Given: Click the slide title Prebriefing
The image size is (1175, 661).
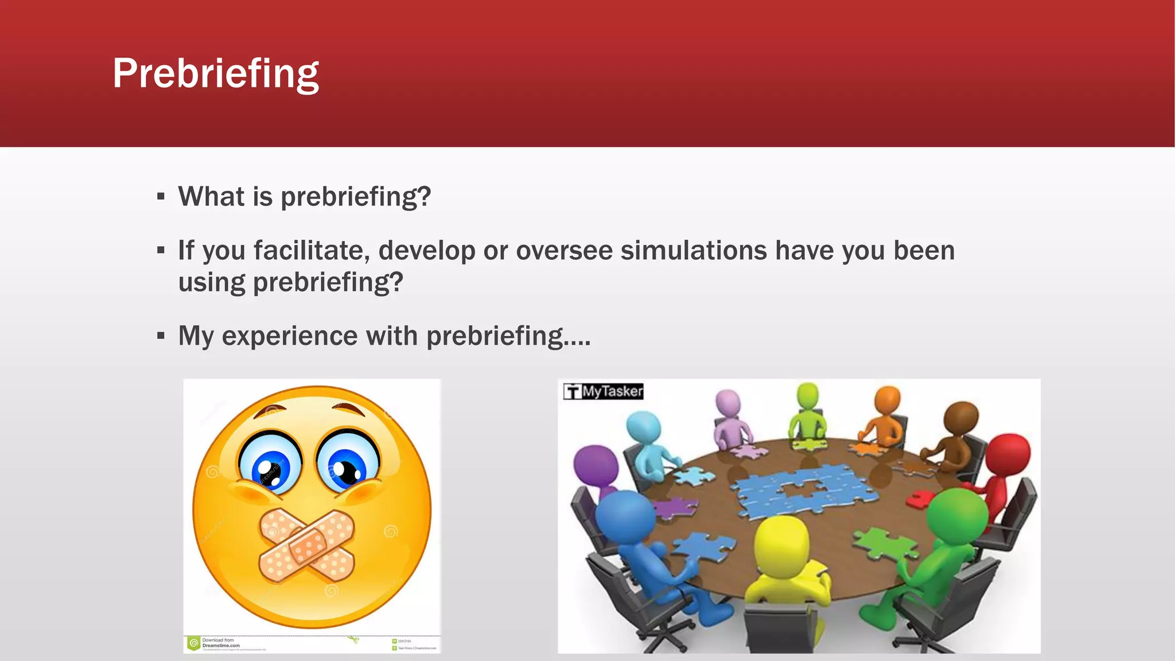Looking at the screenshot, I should pos(215,73).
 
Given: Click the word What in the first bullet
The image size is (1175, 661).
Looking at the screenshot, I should pos(211,197).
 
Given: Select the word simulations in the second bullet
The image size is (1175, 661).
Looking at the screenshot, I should pos(694,251).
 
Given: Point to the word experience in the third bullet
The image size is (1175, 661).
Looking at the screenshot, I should pos(290,336).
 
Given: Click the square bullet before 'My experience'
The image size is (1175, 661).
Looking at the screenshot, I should pos(161,336).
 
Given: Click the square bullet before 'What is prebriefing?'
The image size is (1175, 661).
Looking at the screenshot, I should pos(161,197).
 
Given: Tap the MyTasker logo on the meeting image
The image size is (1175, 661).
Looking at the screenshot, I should pos(603,391).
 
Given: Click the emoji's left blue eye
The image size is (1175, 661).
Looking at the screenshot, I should pos(270,464).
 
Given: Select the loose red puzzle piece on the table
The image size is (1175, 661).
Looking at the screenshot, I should pos(921,499).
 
